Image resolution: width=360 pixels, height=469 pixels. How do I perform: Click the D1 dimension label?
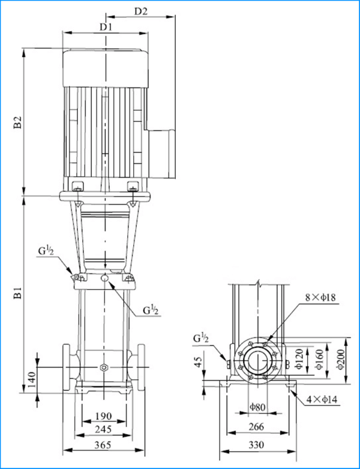[106, 27]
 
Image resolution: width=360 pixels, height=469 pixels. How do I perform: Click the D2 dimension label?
[140, 11]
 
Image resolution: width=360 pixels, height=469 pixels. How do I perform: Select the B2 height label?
[18, 122]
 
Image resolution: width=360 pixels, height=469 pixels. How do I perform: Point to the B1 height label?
[18, 293]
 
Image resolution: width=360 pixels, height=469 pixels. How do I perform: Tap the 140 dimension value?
[31, 380]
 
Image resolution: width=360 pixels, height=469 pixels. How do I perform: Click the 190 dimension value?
[104, 416]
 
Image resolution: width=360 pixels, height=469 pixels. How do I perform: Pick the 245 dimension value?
[103, 429]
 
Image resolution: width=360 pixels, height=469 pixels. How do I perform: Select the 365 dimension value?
[103, 445]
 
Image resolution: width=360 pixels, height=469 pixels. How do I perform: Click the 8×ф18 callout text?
[320, 297]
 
